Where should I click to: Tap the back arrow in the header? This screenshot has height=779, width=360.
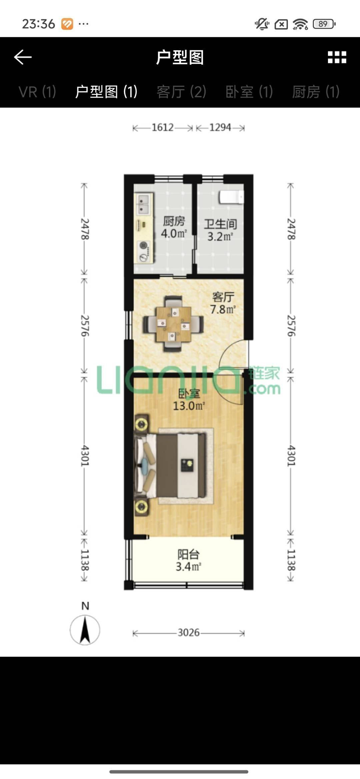[x=23, y=57]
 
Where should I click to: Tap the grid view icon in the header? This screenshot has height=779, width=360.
[x=337, y=57]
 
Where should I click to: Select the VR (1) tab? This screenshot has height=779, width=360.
[x=37, y=92]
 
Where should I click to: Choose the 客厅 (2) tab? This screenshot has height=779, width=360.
[x=181, y=92]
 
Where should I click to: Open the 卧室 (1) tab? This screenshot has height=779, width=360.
[x=249, y=92]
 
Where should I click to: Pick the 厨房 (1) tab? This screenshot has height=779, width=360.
[x=316, y=92]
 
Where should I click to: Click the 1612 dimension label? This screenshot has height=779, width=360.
[x=163, y=128]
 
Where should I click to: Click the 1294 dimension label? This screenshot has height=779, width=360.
[x=220, y=128]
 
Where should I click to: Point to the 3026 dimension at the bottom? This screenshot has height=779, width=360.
[x=189, y=632]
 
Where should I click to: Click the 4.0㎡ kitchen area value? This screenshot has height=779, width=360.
[x=174, y=233]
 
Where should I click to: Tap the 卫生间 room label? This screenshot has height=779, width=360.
[x=220, y=224]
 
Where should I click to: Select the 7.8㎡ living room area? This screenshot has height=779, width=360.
[x=223, y=310]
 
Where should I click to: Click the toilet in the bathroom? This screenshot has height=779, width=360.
[x=231, y=197]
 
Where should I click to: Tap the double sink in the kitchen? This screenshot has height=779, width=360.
[x=144, y=204]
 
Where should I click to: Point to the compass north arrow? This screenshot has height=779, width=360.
[x=85, y=629]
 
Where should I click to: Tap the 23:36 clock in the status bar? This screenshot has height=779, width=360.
[x=38, y=24]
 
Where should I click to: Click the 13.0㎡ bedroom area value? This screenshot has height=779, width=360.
[x=189, y=406]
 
